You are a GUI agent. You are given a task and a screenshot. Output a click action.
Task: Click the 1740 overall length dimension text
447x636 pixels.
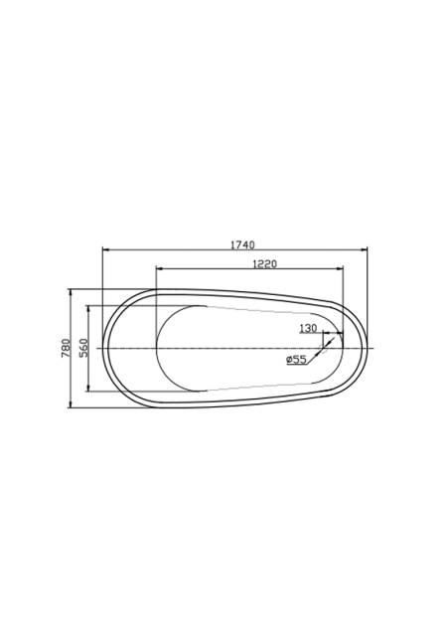pyautogui.click(x=242, y=244)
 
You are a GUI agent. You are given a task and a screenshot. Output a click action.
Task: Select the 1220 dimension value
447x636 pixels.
pyautogui.click(x=264, y=264)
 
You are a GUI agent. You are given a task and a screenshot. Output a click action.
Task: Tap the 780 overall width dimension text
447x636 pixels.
pyautogui.click(x=66, y=348)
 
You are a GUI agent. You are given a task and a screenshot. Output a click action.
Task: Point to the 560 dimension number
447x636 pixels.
pyautogui.click(x=83, y=348)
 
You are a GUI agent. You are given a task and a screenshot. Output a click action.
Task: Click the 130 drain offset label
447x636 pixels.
pyautogui.click(x=308, y=328)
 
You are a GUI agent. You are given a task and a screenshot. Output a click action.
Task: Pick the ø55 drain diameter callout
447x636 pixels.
pyautogui.click(x=296, y=359)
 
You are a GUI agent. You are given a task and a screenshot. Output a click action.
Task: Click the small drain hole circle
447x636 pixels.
pyautogui.click(x=324, y=348)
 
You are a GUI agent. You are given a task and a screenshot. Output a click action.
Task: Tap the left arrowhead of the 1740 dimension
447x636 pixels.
pyautogui.click(x=106, y=249)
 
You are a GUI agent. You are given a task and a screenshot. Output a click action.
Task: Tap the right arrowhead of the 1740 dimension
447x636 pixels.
pyautogui.click(x=364, y=249)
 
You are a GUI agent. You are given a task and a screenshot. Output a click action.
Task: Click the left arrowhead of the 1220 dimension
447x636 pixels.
pyautogui.click(x=160, y=268)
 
